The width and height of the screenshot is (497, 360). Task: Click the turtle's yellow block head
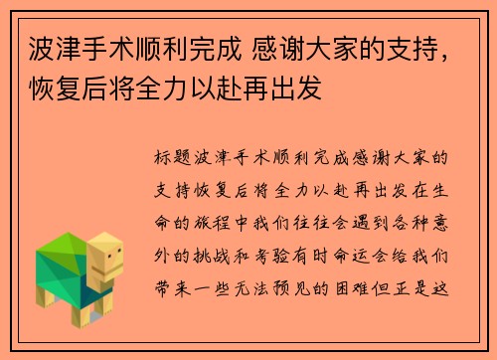(x=103, y=254)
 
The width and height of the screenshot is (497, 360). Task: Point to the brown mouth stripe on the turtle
(x=114, y=268)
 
